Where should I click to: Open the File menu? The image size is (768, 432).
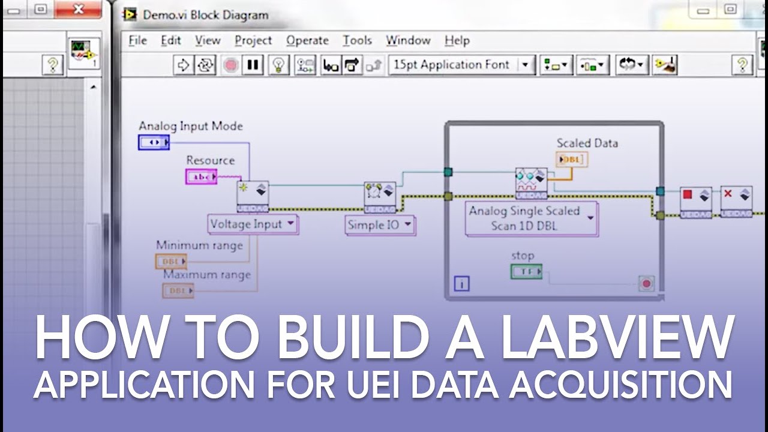pos(137,41)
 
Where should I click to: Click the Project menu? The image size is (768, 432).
pos(253,41)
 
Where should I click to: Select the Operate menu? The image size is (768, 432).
pos(307,41)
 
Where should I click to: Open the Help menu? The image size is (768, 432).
pos(457,41)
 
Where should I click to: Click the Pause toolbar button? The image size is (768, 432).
pos(253,65)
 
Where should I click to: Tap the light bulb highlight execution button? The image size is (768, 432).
pos(278,65)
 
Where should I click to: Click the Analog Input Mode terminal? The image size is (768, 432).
pos(154,142)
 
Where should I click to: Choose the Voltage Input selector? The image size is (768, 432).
pos(253,224)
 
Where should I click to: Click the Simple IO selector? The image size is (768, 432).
pos(380,225)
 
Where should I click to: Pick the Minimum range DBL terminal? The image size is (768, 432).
pos(171,262)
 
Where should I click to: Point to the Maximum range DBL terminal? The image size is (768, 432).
pos(178,291)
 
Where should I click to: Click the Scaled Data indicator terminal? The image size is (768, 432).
pos(572,160)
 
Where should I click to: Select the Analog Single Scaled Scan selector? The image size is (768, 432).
pos(532,218)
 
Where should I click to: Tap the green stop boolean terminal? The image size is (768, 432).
pos(526,272)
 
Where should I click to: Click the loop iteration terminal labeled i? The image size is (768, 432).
pos(461,284)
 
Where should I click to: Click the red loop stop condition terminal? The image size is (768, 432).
pos(646,283)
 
